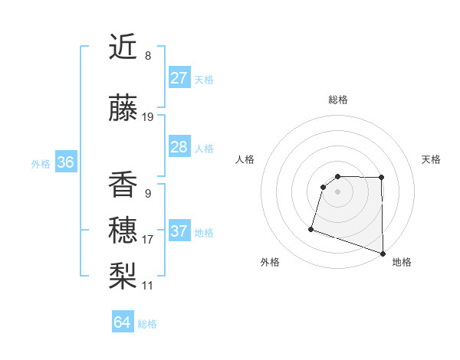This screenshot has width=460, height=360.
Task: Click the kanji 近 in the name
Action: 123,47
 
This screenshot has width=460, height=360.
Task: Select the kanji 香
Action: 123,185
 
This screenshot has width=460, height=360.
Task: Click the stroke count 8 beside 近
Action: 148,56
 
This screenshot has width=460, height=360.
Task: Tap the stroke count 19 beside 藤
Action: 148,117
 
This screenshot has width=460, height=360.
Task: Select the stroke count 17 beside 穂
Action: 148,240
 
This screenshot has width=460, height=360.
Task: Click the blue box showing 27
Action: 179,78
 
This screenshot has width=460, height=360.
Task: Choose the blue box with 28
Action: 179,147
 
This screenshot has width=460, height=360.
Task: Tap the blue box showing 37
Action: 179,231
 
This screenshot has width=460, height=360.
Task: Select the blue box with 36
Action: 65,162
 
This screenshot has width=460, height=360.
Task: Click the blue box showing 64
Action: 123,322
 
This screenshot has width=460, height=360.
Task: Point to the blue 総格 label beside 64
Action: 147,324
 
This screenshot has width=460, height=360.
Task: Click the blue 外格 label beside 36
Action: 41,164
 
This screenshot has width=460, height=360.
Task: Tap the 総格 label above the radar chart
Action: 338,100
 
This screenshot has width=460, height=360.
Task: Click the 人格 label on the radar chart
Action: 245,159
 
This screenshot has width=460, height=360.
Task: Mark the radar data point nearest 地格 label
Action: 382,253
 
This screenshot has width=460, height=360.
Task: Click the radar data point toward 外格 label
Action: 311,228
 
